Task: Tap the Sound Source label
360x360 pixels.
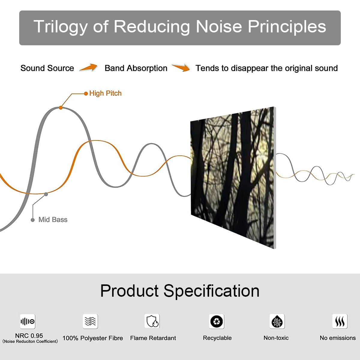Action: tap(47, 68)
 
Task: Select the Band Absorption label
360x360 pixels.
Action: tap(136, 68)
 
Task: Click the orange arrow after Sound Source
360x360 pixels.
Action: tap(88, 68)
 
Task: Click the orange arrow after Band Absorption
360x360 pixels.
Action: tap(181, 68)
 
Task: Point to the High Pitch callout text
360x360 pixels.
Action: tap(105, 93)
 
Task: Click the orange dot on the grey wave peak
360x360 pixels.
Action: tap(61, 107)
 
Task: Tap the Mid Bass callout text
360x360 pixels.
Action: tap(53, 220)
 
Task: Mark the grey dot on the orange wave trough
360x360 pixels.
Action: tap(46, 194)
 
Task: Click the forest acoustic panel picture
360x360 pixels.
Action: tap(232, 177)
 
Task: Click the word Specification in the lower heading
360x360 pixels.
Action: tap(211, 291)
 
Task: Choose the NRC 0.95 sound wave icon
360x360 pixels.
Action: tap(28, 322)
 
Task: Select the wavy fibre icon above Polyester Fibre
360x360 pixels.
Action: tap(90, 321)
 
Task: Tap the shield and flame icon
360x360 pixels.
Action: tap(152, 321)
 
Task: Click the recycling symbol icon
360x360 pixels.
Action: tap(217, 322)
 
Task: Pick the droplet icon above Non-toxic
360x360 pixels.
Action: tap(277, 322)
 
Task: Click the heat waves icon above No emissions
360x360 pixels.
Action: tap(340, 322)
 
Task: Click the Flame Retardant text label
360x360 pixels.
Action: tap(153, 338)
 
